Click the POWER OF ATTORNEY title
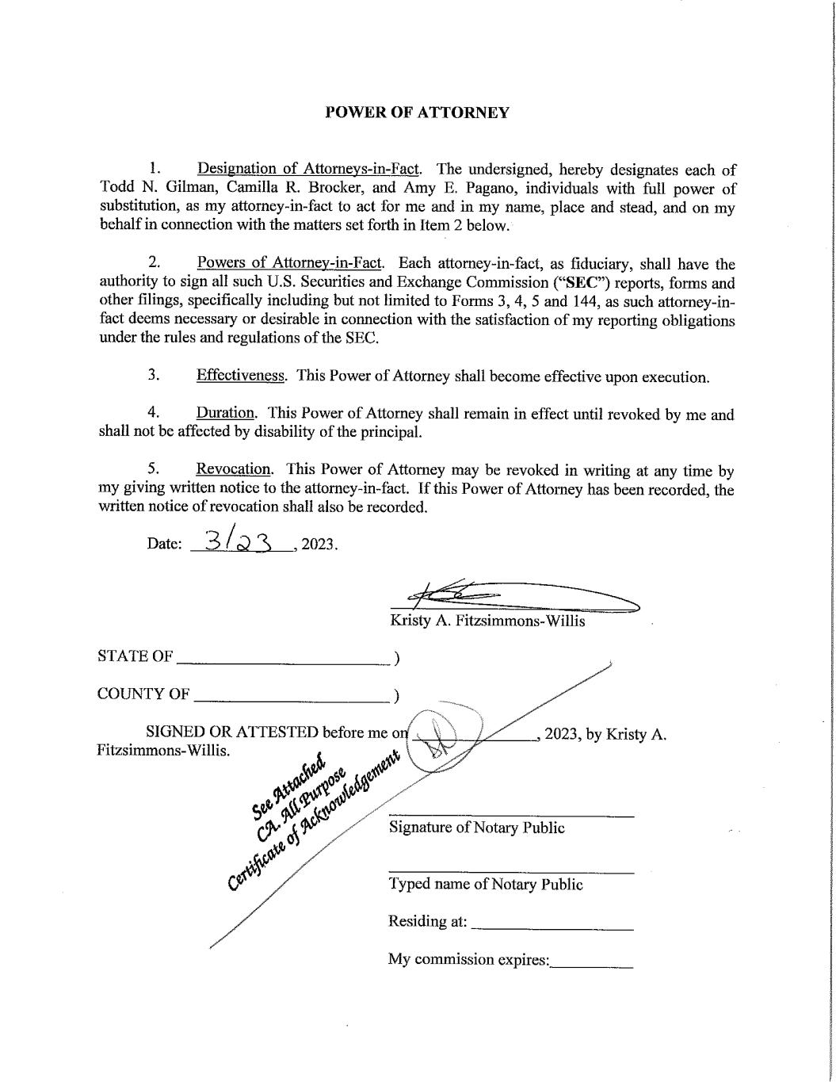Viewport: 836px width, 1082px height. tap(417, 113)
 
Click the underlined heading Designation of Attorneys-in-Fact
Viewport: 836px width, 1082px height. tap(308, 169)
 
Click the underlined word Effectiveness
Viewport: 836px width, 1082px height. tap(241, 376)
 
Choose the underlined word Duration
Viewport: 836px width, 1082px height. tap(226, 413)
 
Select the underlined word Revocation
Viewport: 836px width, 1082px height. tap(235, 469)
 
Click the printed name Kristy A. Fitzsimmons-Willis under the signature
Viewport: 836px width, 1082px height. tap(487, 621)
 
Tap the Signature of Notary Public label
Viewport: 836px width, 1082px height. tap(476, 828)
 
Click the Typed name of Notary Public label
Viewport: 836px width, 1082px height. tap(485, 884)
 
